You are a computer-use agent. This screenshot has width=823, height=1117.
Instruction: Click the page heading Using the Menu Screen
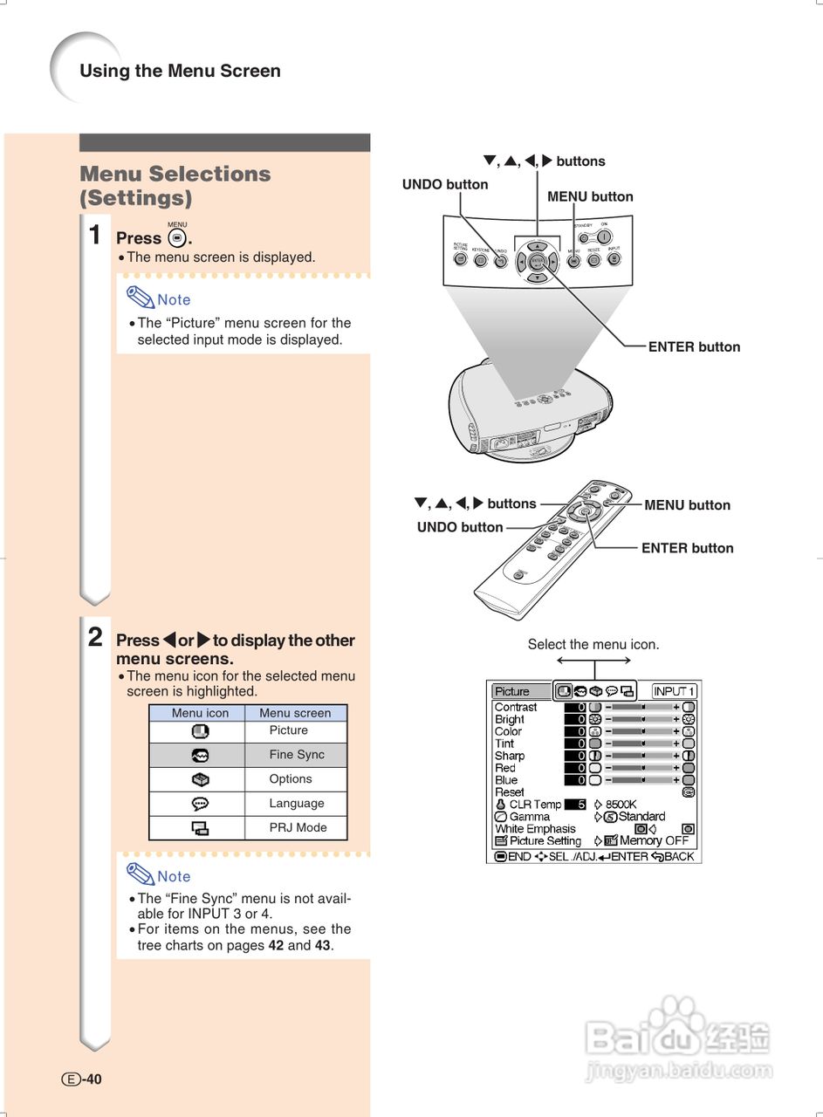coord(180,72)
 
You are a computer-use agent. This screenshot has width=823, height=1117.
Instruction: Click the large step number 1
coord(95,235)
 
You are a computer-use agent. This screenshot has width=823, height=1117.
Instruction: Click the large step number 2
coord(95,636)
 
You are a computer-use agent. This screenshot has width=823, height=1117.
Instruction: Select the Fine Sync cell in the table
coord(296,755)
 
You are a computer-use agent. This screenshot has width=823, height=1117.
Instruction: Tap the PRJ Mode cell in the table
coord(298,827)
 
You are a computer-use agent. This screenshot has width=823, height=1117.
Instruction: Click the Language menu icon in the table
coord(200,804)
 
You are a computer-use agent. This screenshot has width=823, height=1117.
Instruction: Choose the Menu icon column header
coord(200,713)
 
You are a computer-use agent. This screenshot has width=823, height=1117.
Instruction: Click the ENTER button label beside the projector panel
coord(694,346)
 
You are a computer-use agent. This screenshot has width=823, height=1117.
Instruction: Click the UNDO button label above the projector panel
coord(445,184)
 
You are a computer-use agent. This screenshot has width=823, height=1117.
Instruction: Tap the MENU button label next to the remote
coord(687,504)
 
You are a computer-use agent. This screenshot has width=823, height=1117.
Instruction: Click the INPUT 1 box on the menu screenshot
coord(674,691)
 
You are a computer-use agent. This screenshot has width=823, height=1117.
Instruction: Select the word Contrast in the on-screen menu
coord(516,707)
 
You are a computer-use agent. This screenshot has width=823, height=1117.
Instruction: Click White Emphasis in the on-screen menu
coord(535,828)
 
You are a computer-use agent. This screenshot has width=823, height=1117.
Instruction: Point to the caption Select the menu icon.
coord(593,645)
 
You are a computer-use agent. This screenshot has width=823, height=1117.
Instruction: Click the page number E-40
coord(82,1079)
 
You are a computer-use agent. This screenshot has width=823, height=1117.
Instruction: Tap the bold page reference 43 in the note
coord(323,945)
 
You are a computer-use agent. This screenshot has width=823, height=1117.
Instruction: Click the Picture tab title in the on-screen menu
coord(512,691)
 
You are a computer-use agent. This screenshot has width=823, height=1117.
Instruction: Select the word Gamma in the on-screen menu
coord(530,817)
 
